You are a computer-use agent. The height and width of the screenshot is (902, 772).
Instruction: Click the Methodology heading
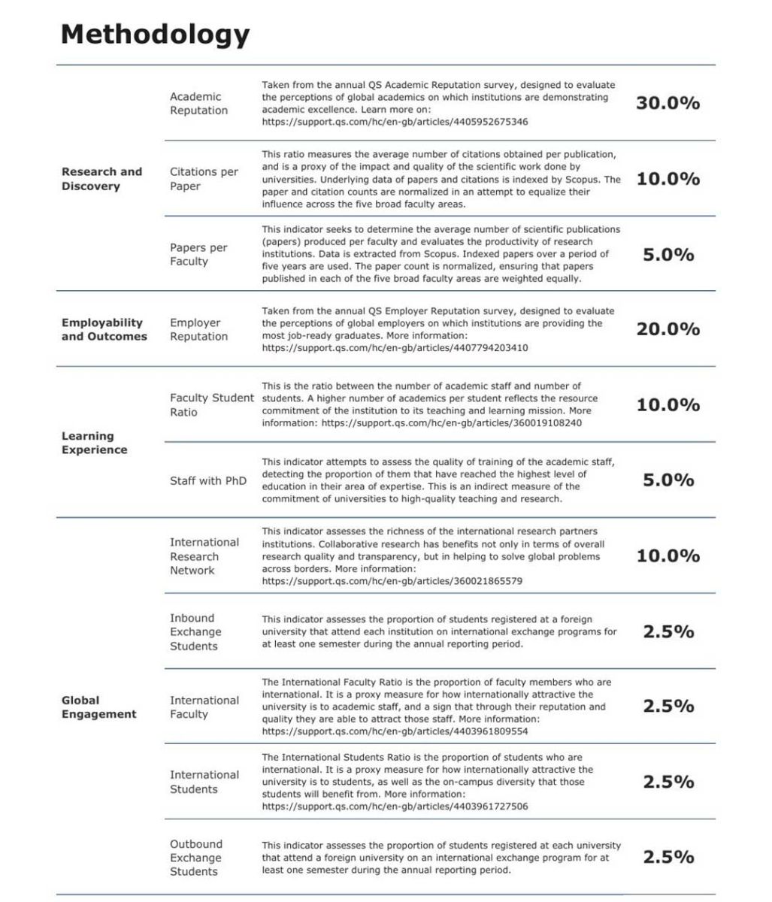[x=155, y=35]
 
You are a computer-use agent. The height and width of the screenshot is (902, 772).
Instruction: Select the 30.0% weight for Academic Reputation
[x=668, y=104]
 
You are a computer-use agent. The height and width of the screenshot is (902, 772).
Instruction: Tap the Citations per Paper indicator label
[x=204, y=179]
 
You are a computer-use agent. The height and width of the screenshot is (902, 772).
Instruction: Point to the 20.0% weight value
[x=668, y=329]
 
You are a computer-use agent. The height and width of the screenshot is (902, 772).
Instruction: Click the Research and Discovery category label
[x=101, y=179]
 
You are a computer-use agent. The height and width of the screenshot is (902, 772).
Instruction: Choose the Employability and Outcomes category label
[x=104, y=329]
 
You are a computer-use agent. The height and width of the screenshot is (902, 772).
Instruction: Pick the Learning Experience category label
[x=94, y=443]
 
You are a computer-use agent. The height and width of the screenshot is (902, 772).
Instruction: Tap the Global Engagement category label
[x=98, y=707]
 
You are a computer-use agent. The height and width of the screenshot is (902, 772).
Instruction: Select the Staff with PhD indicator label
[x=207, y=480]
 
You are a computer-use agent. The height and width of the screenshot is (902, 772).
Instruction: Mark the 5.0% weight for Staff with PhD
[x=668, y=480]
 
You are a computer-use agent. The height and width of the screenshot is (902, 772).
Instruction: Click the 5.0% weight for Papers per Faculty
[x=668, y=255]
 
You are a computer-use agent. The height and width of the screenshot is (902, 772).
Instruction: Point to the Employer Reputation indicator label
[x=198, y=329]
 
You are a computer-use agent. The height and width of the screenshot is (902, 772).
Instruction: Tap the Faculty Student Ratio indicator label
[x=211, y=404]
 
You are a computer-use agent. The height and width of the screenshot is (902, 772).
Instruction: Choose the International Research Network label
[x=204, y=556]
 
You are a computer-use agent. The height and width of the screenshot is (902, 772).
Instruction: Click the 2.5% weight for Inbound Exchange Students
[x=668, y=631]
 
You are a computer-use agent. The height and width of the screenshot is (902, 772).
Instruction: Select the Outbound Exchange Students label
[x=195, y=858]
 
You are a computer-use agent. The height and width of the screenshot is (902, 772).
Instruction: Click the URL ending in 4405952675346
[x=395, y=122]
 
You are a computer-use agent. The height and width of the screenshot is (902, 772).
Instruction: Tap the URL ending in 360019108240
[x=451, y=423]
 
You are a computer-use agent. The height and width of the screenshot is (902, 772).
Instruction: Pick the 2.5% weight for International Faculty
[x=668, y=707]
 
